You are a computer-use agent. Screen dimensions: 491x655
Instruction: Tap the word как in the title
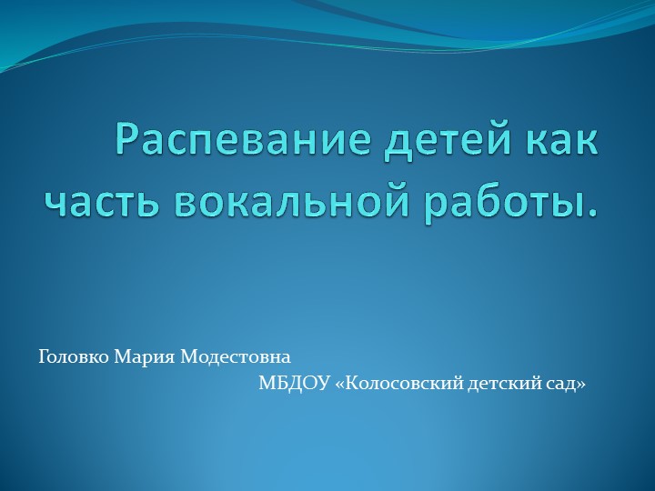557,143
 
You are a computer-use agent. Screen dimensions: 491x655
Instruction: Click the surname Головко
74,355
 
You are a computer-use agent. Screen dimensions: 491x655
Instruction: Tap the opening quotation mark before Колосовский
340,386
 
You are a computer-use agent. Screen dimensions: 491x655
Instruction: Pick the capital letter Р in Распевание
127,143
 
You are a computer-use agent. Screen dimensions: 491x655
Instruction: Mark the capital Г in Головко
43,355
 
